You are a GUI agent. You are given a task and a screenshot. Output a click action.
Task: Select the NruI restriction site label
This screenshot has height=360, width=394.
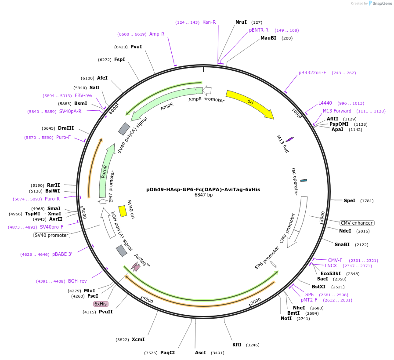pos(241,22)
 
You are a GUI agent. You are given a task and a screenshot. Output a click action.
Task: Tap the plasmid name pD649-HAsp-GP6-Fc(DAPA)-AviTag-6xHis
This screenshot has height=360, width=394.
pos(203,189)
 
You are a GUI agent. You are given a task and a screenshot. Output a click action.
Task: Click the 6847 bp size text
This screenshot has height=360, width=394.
pos(203,195)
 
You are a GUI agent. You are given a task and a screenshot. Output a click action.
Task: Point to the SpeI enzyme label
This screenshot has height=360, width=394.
pos(350,200)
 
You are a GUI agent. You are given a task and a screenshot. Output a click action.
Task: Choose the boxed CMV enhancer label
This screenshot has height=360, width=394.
pos(357,223)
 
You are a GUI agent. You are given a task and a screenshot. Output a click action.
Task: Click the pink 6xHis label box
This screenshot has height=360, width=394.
pos(101,304)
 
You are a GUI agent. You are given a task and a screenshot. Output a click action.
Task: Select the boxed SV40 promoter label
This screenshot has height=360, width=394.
pos(51,235)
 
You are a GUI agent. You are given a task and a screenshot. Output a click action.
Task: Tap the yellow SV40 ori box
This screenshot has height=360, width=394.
pos(123,211)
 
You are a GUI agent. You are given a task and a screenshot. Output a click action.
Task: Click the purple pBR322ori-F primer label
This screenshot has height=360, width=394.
pos(312,73)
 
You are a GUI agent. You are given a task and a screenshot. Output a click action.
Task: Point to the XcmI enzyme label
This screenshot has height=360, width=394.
pos(138,339)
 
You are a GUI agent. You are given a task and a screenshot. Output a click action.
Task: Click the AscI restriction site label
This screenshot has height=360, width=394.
pos(200,353)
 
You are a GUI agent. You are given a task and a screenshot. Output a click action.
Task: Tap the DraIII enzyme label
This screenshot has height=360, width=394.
pos(66,128)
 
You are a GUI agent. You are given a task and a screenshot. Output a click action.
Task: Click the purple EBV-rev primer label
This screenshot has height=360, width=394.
pos(83,95)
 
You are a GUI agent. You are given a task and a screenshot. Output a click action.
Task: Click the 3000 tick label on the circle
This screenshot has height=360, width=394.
pos(256,301)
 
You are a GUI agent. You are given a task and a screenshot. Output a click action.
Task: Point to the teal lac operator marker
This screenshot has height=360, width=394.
pos(304,180)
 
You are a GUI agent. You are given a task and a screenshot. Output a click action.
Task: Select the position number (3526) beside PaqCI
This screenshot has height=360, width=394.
pos(151,353)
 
